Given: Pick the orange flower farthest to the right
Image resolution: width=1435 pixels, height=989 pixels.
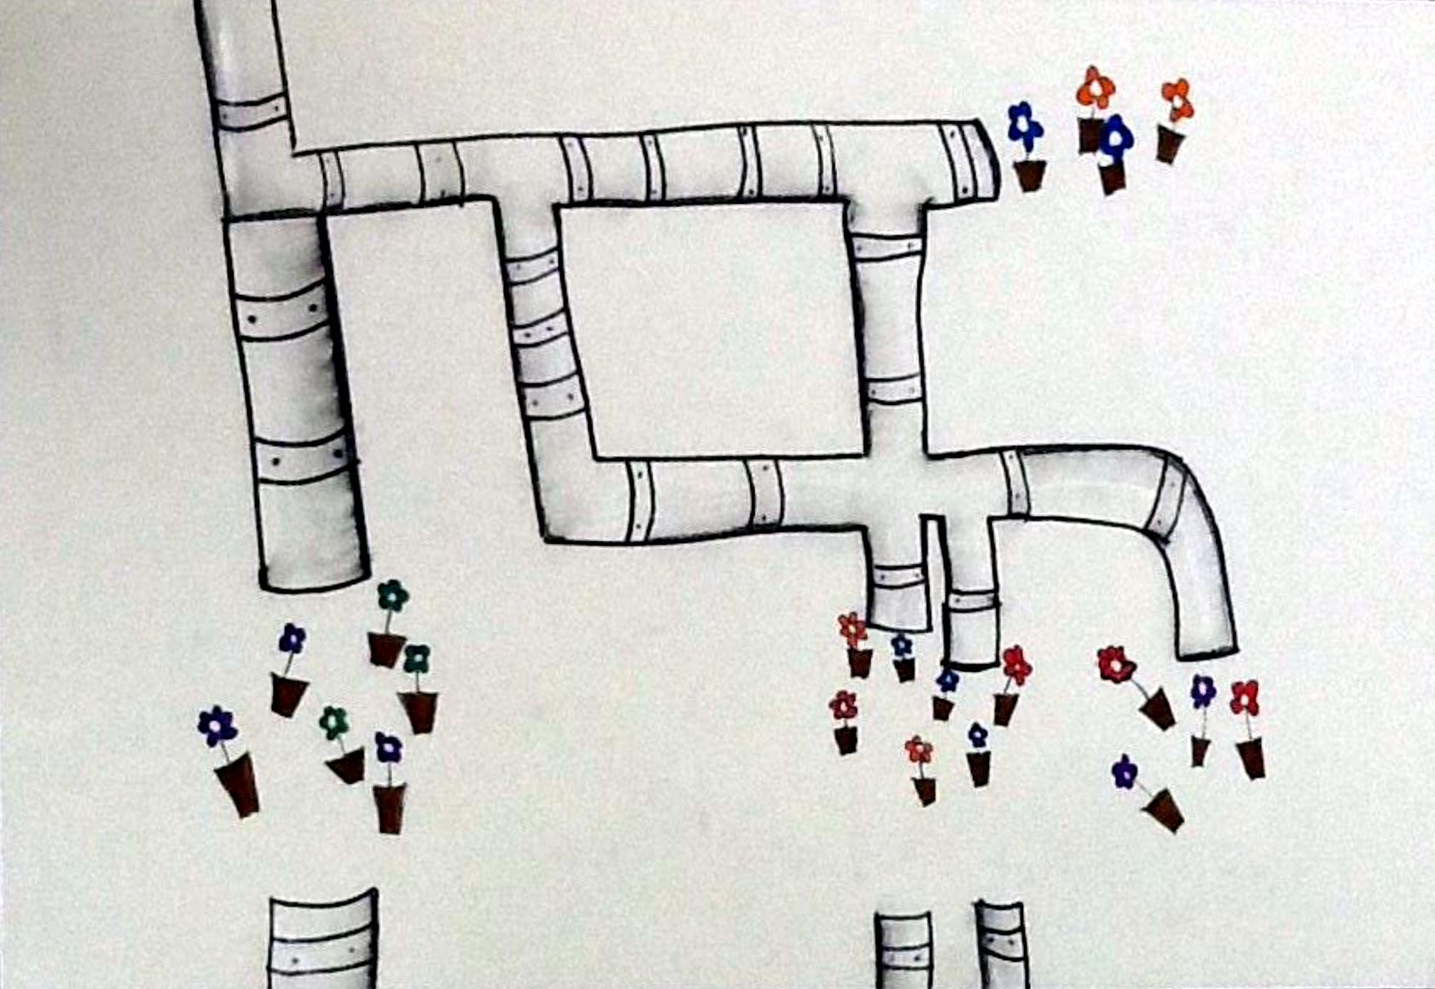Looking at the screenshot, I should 1178,100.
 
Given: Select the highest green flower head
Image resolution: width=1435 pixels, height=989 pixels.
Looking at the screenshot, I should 392,595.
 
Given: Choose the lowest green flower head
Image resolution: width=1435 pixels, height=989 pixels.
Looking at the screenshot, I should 334,722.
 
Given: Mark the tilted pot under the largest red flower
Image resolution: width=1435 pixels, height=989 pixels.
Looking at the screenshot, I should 1158,708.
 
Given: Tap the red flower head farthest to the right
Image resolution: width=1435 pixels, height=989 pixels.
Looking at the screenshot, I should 1245,697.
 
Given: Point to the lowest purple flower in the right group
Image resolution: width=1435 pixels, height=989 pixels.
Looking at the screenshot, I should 1125,772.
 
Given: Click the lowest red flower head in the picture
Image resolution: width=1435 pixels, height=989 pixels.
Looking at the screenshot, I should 918,750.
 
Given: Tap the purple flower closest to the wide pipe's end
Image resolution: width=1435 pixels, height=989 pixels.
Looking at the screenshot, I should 292,638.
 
